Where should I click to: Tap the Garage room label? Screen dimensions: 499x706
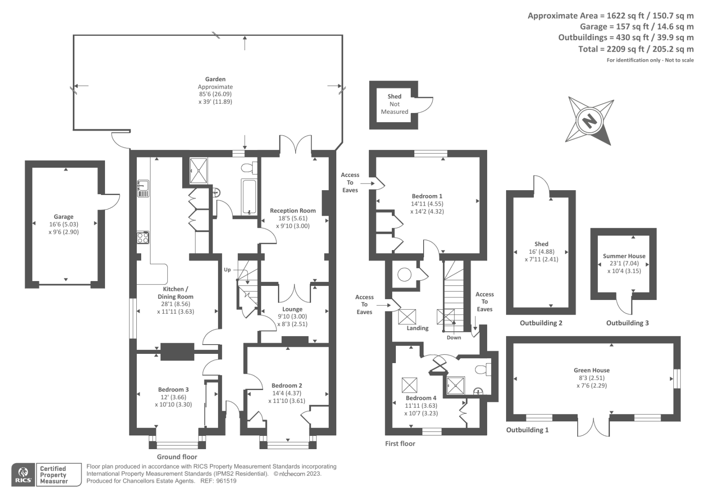pos(64,217)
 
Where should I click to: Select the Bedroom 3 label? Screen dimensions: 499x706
pos(173,390)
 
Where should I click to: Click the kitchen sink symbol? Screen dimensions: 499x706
pos(143,188)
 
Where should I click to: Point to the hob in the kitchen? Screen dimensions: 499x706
pos(143,238)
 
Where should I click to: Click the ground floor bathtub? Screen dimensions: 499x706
pos(249,197)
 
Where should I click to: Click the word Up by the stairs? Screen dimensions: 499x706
pos(227,270)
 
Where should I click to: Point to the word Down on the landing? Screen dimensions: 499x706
pos(454,338)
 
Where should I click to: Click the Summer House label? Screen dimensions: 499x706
pos(624,256)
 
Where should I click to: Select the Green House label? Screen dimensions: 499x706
pos(591,370)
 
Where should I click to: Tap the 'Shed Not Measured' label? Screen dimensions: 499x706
pos(394,104)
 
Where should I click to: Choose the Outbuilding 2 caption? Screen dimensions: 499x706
pos(541,323)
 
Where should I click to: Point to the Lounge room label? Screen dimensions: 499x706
pos(292,309)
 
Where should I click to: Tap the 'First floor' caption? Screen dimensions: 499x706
pos(400,444)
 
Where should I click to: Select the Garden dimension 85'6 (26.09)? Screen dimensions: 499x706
pos(215,94)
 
